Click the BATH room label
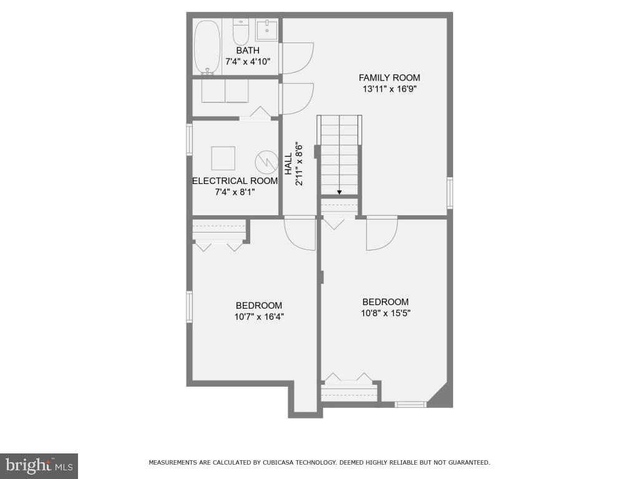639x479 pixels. tap(248, 51)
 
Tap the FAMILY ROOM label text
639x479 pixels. tap(389, 78)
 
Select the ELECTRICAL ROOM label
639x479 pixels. tap(235, 181)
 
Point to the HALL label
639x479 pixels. tap(288, 165)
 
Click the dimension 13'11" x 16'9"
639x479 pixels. tap(389, 89)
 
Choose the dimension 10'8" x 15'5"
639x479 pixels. tap(385, 313)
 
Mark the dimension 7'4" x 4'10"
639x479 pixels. tap(248, 62)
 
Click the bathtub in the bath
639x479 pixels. tap(207, 47)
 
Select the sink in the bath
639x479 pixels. tap(266, 29)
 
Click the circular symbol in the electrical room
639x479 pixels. tap(266, 162)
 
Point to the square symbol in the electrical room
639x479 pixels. tap(223, 158)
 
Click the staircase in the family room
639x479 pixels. tap(339, 155)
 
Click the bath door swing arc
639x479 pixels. tap(298, 58)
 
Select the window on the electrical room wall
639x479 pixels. tap(189, 139)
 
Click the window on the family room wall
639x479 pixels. tap(449, 192)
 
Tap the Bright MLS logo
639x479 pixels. tap(39, 465)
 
